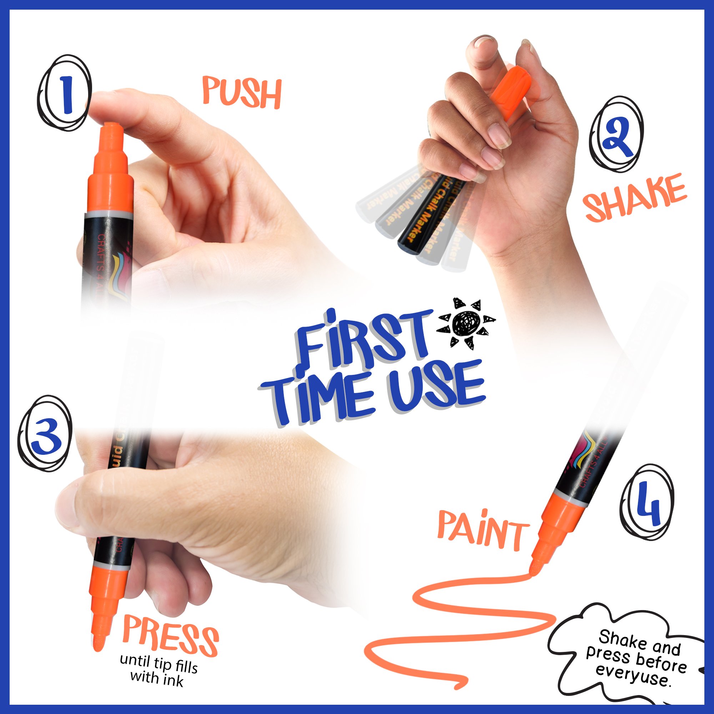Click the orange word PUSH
coord(242,92)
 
